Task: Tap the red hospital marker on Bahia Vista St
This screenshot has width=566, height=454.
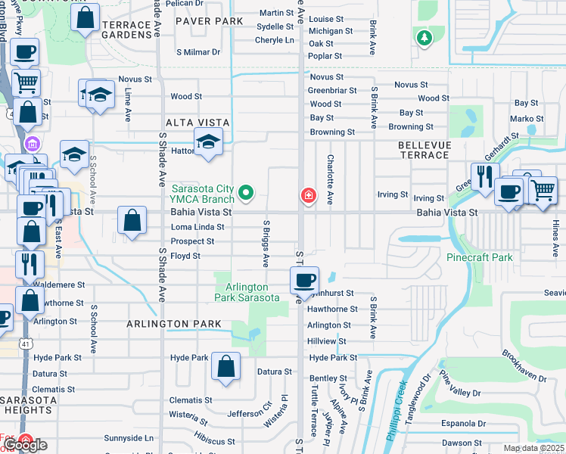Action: coord(308,196)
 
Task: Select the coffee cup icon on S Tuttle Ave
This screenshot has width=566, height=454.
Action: coord(304,280)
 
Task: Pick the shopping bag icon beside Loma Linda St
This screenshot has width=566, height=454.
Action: coord(132,221)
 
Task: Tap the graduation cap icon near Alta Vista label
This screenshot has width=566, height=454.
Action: coord(208,142)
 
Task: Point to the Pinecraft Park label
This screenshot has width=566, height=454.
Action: coord(479,257)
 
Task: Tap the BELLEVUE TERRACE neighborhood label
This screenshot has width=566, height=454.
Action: coord(424,150)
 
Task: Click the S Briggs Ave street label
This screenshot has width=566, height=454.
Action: coord(266,244)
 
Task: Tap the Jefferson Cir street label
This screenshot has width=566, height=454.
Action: coord(249,413)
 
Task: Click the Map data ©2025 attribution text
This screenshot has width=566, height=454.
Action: coord(533,448)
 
